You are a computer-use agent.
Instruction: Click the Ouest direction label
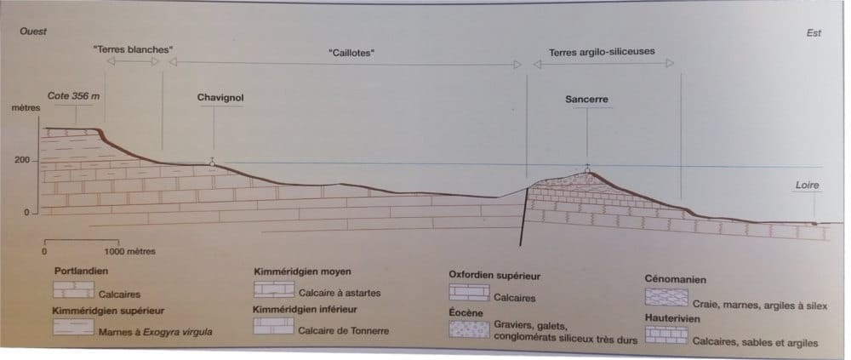[x=32, y=31]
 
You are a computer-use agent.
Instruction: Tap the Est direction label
[x=813, y=33]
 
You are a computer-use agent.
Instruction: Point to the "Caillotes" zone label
[x=351, y=53]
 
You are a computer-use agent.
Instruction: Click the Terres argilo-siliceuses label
[x=602, y=51]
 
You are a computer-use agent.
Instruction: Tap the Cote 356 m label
[x=74, y=96]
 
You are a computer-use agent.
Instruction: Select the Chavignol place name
[x=220, y=98]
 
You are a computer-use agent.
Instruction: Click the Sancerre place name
[x=586, y=99]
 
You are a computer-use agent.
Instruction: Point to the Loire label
[x=807, y=184]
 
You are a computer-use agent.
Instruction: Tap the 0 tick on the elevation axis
[x=26, y=212]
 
